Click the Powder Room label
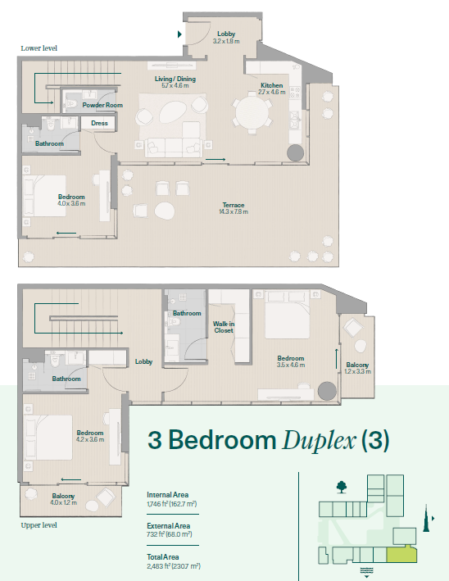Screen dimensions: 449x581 [x=102, y=105]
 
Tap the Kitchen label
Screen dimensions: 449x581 [x=271, y=85]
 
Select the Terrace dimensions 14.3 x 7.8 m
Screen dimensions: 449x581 [x=234, y=212]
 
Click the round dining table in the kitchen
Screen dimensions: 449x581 [x=252, y=112]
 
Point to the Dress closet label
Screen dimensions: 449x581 [x=99, y=124]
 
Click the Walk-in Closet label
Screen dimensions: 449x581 [x=224, y=327]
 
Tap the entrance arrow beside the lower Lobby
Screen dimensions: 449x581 [x=179, y=34]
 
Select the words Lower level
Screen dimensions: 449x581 [x=39, y=48]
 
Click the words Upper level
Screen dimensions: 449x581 [x=39, y=525]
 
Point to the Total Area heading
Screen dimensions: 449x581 [x=162, y=557]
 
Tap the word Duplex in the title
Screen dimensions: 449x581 [x=319, y=441]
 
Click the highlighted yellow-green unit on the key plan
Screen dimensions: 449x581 [x=402, y=555]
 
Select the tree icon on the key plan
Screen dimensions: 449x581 [x=342, y=487]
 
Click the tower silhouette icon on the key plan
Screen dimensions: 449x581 [x=426, y=518]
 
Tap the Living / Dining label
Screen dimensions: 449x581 [x=175, y=79]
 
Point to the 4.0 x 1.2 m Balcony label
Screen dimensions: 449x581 [x=63, y=499]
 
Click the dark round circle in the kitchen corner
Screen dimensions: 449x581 [x=295, y=152]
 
